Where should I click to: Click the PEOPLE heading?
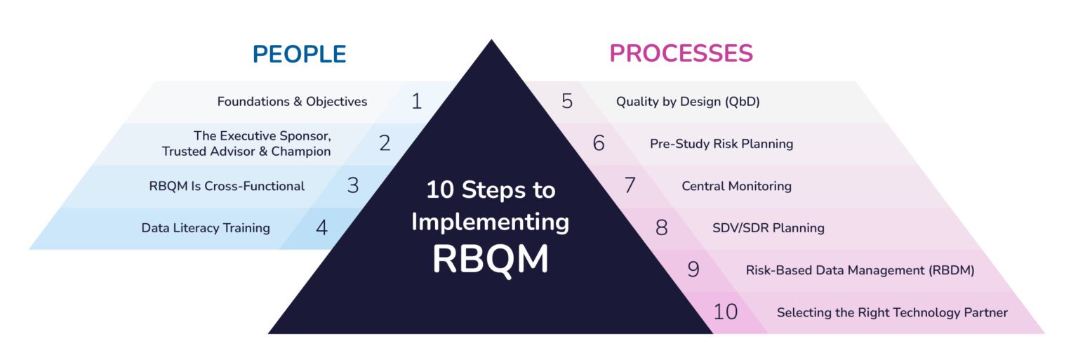tap(300, 54)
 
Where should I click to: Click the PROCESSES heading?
tap(681, 53)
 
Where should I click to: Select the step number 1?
tap(416, 102)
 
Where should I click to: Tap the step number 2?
tap(385, 144)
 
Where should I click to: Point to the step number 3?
tap(353, 186)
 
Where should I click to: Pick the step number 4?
tap(321, 228)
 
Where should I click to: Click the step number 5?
tap(567, 102)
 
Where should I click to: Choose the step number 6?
tap(599, 144)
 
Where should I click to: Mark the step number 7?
tap(630, 186)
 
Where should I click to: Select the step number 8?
tap(661, 228)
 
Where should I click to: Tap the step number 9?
tap(693, 270)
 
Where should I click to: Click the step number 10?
tap(725, 312)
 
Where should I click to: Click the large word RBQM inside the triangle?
tap(490, 259)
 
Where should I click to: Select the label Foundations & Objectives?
tap(292, 102)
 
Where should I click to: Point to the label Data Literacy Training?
tap(206, 228)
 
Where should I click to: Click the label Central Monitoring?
tap(736, 186)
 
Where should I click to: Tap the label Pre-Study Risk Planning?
tap(721, 144)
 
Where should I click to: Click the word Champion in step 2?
tap(302, 152)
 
